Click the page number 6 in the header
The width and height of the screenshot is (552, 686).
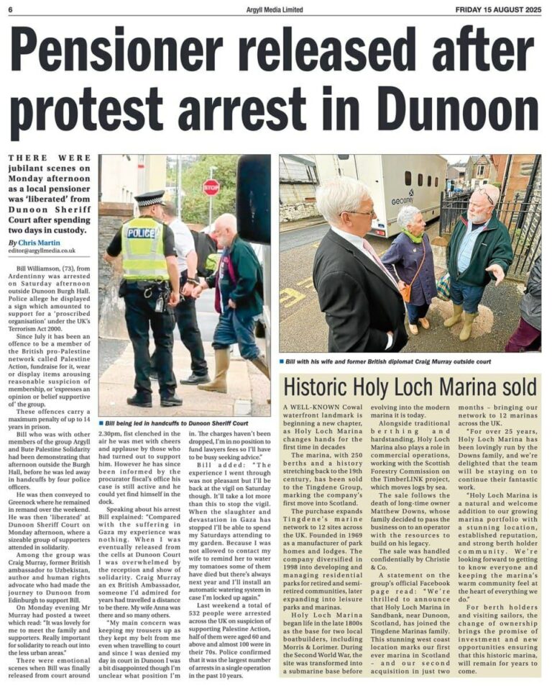pos(12,9)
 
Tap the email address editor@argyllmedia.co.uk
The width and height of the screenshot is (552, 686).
pos(42,251)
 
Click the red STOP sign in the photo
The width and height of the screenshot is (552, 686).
pos(211,188)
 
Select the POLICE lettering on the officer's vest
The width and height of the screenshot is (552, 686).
pos(142,233)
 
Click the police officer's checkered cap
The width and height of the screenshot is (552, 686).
pos(149,198)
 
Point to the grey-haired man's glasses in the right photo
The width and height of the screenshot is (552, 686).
pos(359,213)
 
